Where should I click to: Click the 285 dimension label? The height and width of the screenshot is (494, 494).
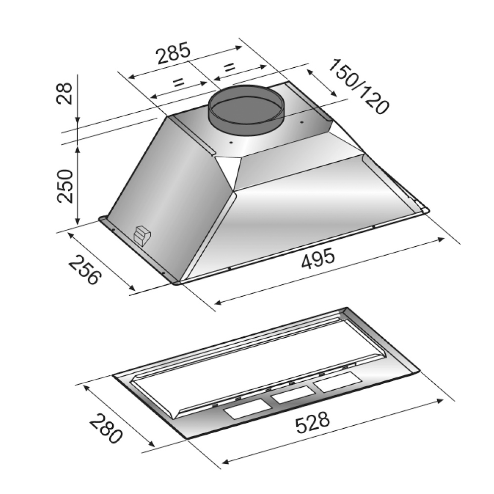pyautogui.click(x=174, y=53)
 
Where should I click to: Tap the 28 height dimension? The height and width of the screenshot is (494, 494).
pyautogui.click(x=65, y=93)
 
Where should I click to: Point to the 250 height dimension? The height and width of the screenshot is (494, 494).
pyautogui.click(x=65, y=186)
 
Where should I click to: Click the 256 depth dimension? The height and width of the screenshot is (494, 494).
pyautogui.click(x=85, y=270)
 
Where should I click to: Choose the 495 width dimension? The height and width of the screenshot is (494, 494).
pyautogui.click(x=317, y=258)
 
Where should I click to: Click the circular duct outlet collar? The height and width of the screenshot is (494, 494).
pyautogui.click(x=247, y=109)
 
